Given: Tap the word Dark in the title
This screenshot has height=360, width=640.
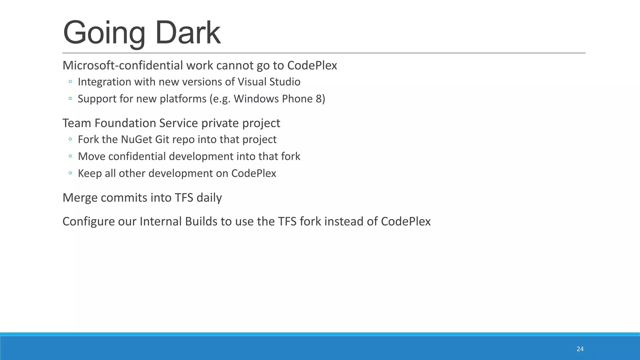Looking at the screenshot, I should point(188,32).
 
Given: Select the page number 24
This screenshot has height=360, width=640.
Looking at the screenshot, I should point(580,349).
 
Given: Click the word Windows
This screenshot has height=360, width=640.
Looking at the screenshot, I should point(256,99).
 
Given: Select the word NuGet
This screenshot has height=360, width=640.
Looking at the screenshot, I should point(136,139).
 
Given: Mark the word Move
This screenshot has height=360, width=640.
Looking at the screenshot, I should point(91,156).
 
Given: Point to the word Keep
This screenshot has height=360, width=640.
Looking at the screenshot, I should point(89,173).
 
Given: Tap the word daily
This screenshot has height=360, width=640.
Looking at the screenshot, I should point(209,198).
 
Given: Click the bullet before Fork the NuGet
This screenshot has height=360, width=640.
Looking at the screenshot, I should point(70,139).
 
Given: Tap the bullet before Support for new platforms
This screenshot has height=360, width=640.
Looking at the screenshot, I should point(70,99).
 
